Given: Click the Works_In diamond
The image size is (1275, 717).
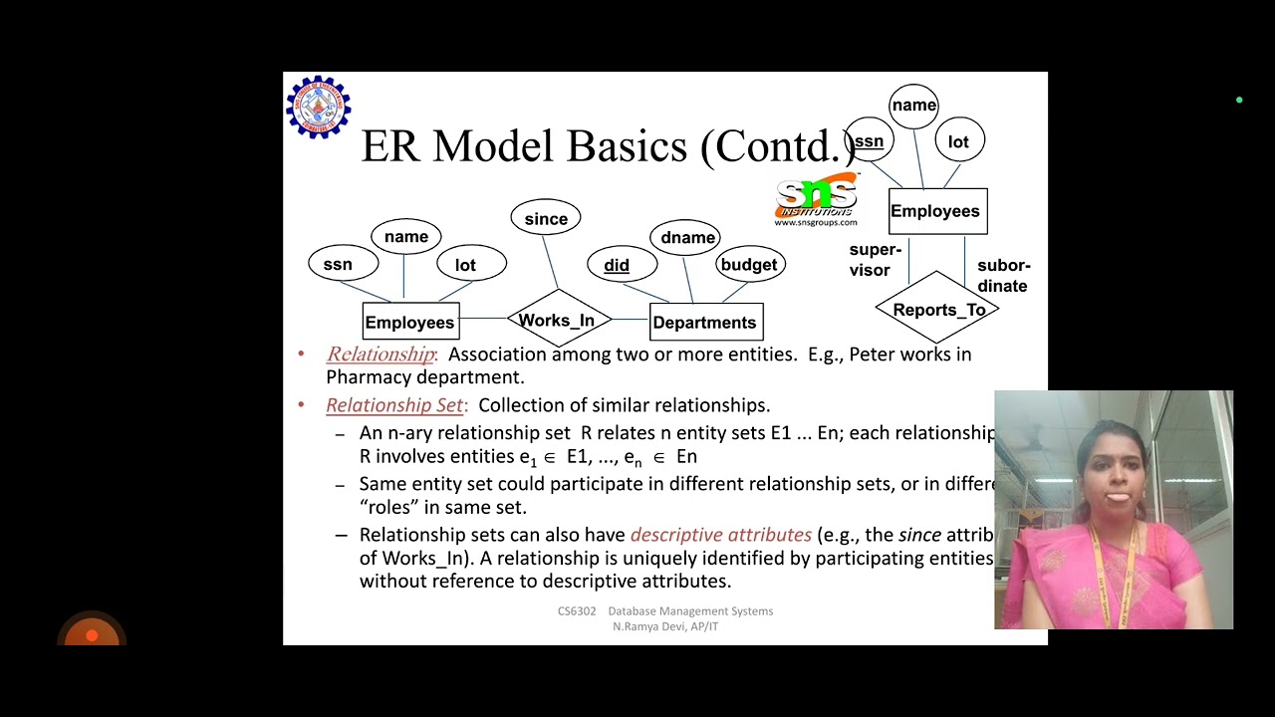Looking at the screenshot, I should pos(558,320).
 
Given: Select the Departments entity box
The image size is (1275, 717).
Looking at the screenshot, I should pos(705,322).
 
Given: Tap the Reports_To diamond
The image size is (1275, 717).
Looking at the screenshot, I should pos(937,310).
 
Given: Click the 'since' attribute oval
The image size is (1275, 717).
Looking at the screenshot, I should pos(546,218).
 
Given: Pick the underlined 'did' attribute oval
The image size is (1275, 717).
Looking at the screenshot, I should pos(618,265).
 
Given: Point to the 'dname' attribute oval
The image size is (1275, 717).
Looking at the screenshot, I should pos(687,237).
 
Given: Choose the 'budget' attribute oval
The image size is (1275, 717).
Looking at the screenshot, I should pos(749,264).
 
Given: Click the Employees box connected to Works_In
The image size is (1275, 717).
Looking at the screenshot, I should pos(409,322).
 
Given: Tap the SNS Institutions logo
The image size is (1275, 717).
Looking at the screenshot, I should pos(816,200).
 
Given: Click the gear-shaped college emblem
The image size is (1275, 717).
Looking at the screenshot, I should pos(318,107).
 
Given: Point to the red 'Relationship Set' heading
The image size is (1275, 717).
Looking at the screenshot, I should pos(394,405).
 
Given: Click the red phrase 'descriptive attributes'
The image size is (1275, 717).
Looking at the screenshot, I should pos(720,535).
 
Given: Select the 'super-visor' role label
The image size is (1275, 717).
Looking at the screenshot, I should pos(875,259).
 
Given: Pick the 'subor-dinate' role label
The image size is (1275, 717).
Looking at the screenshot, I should pos(1002,276).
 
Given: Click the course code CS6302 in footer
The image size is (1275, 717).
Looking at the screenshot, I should pos(577,611).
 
